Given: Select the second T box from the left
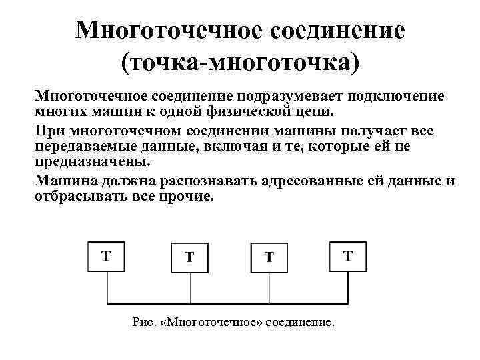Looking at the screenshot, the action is click(x=190, y=257).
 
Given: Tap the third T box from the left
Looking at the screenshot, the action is click(x=269, y=257).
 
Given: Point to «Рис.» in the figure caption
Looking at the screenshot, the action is click(x=143, y=322).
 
